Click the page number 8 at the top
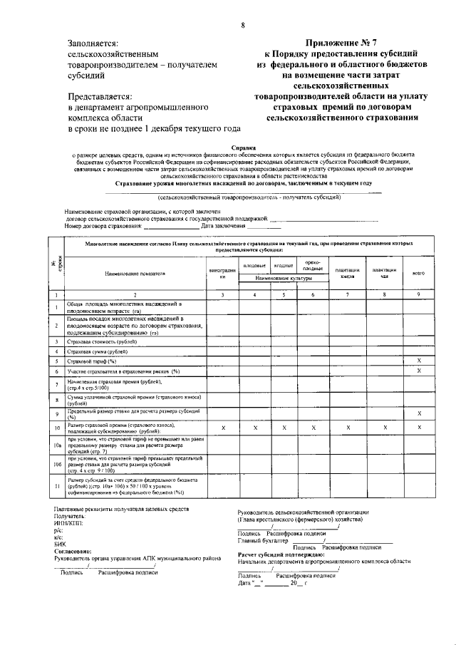point(242,26)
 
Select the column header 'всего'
point(418,273)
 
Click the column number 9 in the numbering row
point(418,294)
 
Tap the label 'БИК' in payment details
point(60,544)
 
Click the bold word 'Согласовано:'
point(72,551)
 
